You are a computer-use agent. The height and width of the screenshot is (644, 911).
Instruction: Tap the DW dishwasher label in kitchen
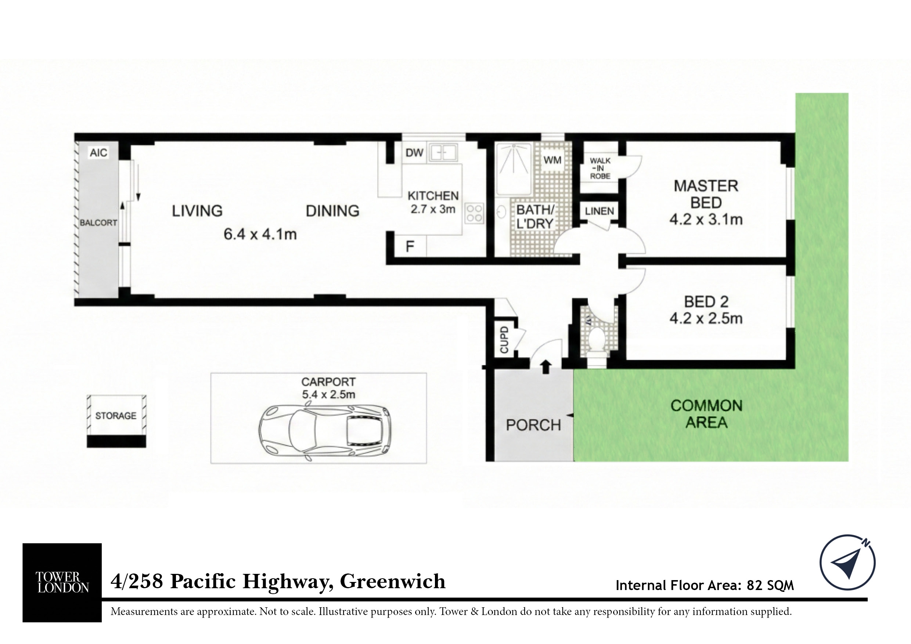(414, 153)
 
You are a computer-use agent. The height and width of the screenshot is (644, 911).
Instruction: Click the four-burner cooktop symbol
(474, 213)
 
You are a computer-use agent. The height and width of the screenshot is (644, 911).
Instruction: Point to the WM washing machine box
(552, 160)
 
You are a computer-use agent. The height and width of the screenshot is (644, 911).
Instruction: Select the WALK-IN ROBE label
(600, 169)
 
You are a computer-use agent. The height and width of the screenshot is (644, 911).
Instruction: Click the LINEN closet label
(599, 211)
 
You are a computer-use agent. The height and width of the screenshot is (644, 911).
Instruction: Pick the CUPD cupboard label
(504, 340)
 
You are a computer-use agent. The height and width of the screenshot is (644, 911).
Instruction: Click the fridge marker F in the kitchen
(410, 247)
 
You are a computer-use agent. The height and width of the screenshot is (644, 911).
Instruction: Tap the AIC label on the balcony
(98, 153)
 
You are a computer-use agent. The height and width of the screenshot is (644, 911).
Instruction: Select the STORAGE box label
(115, 416)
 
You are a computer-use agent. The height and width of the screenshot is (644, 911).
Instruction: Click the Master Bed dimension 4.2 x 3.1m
(706, 219)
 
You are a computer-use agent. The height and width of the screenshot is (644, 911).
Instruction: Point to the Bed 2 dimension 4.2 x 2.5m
(706, 318)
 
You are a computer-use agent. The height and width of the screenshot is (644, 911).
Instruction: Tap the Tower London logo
(62, 583)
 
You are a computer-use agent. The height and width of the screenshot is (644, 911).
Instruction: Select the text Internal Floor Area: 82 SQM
(705, 585)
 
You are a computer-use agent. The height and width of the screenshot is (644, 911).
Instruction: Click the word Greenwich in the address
(392, 581)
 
